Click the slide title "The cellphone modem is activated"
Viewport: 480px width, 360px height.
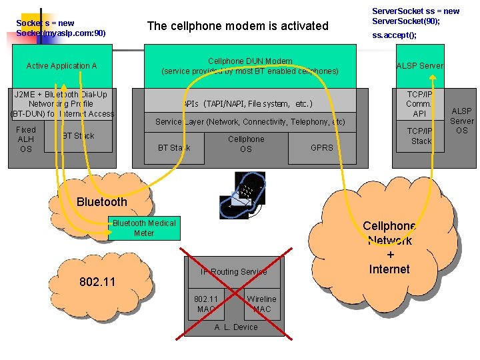tap(237, 26)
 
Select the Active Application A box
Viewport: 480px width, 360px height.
tap(61, 66)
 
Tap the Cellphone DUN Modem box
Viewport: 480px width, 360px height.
tap(250, 66)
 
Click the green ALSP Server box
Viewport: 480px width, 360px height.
tap(419, 65)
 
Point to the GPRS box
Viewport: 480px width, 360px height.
tap(322, 148)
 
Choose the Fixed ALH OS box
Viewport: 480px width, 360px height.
tap(26, 139)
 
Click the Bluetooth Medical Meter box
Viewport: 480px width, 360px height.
tap(144, 228)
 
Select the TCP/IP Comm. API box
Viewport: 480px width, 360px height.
tap(419, 104)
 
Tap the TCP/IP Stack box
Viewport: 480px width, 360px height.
tap(421, 136)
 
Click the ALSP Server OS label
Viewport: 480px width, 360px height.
tap(461, 121)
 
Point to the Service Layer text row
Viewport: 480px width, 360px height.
tap(250, 122)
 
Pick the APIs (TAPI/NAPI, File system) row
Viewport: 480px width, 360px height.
tap(247, 104)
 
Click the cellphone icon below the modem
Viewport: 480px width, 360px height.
tap(247, 193)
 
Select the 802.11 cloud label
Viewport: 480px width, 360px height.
tap(97, 282)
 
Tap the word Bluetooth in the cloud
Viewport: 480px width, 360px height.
tap(101, 202)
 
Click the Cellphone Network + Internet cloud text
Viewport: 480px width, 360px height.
tap(390, 247)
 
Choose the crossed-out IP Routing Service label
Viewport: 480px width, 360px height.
tap(233, 272)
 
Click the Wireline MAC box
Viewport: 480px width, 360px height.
tap(261, 304)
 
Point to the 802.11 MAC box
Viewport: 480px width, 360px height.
tap(206, 304)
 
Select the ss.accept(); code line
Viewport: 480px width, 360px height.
tap(395, 35)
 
